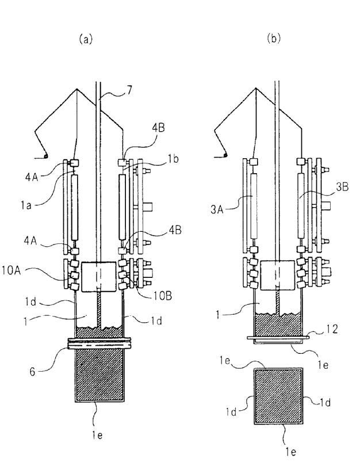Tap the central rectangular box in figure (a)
coord(99,277)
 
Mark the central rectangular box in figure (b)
coord(278,277)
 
